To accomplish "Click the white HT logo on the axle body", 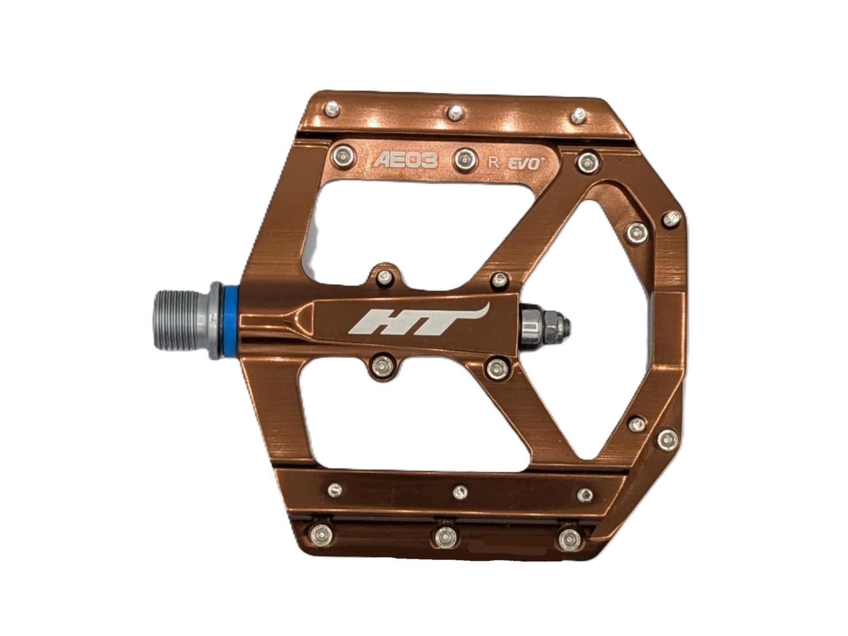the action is coord(417,320).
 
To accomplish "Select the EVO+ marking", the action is coord(526,164).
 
